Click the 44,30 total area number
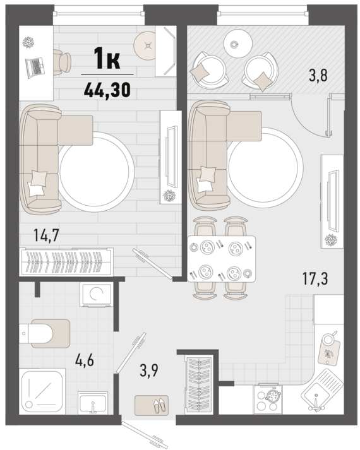click(x=107, y=89)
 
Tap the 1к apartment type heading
click(x=107, y=59)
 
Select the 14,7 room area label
click(x=46, y=235)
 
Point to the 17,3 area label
click(x=315, y=278)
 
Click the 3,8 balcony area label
click(x=318, y=76)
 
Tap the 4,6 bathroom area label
click(x=85, y=360)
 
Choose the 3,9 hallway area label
click(x=149, y=370)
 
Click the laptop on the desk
click(x=34, y=68)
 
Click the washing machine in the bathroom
click(x=97, y=295)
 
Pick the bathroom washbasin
click(x=93, y=403)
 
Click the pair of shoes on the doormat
click(x=160, y=406)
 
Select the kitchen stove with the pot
click(x=268, y=400)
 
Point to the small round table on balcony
click(x=238, y=44)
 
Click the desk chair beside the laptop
click(x=63, y=62)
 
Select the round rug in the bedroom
click(x=97, y=171)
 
